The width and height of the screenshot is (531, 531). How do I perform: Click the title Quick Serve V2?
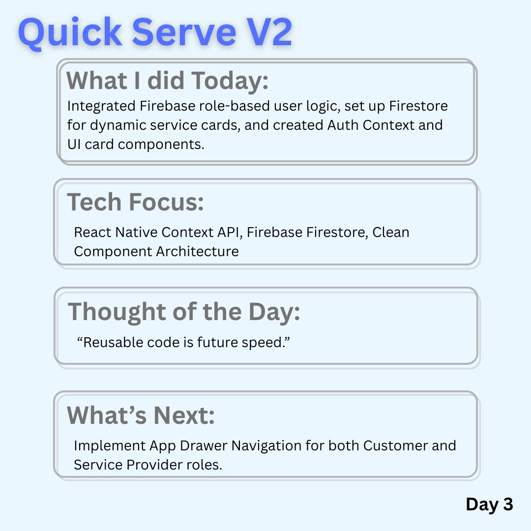[x=155, y=32]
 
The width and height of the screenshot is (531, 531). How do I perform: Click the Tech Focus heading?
[x=136, y=202]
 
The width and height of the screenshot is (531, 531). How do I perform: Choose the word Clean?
[x=391, y=232]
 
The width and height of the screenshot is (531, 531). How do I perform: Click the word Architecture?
[x=198, y=251]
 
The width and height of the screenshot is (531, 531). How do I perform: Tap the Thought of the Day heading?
[x=184, y=312]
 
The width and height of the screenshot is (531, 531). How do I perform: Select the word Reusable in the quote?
[x=106, y=342]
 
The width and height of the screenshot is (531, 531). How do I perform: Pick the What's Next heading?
[x=141, y=415]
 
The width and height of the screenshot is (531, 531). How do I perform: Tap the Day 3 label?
[x=489, y=504]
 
